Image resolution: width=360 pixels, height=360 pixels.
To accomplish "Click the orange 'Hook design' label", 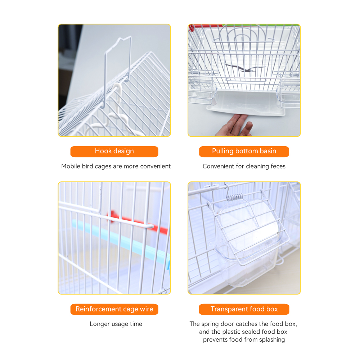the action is click(x=114, y=152).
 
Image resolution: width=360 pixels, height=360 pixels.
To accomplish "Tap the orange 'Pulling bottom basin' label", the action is click(x=244, y=152).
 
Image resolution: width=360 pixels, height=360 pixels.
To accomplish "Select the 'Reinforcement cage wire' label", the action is click(x=114, y=309).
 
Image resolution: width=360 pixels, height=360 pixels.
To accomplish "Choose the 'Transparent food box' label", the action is click(x=244, y=309).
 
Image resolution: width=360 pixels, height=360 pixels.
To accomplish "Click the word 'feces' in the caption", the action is click(x=278, y=166).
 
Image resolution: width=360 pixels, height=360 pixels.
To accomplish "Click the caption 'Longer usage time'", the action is click(x=116, y=324).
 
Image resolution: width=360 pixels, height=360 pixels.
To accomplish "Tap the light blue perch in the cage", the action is click(x=122, y=241).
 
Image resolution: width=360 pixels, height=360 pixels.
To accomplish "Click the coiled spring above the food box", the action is click(x=235, y=197).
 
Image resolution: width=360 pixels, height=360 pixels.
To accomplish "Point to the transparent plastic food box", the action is click(x=247, y=241).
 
